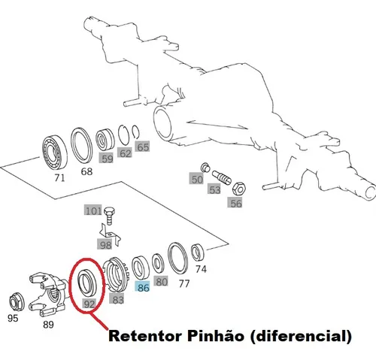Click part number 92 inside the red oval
click(89, 304)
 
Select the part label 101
click(93, 211)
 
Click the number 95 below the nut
click(13, 318)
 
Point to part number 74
click(201, 269)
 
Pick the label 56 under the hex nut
click(236, 203)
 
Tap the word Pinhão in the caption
click(216, 336)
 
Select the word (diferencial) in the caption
click(301, 337)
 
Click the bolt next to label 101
click(110, 216)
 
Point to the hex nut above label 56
click(239, 189)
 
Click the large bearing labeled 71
click(55, 153)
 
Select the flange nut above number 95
click(17, 302)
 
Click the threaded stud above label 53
click(221, 177)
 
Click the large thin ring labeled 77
click(177, 258)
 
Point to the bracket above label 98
click(111, 234)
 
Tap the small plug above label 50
click(205, 167)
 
